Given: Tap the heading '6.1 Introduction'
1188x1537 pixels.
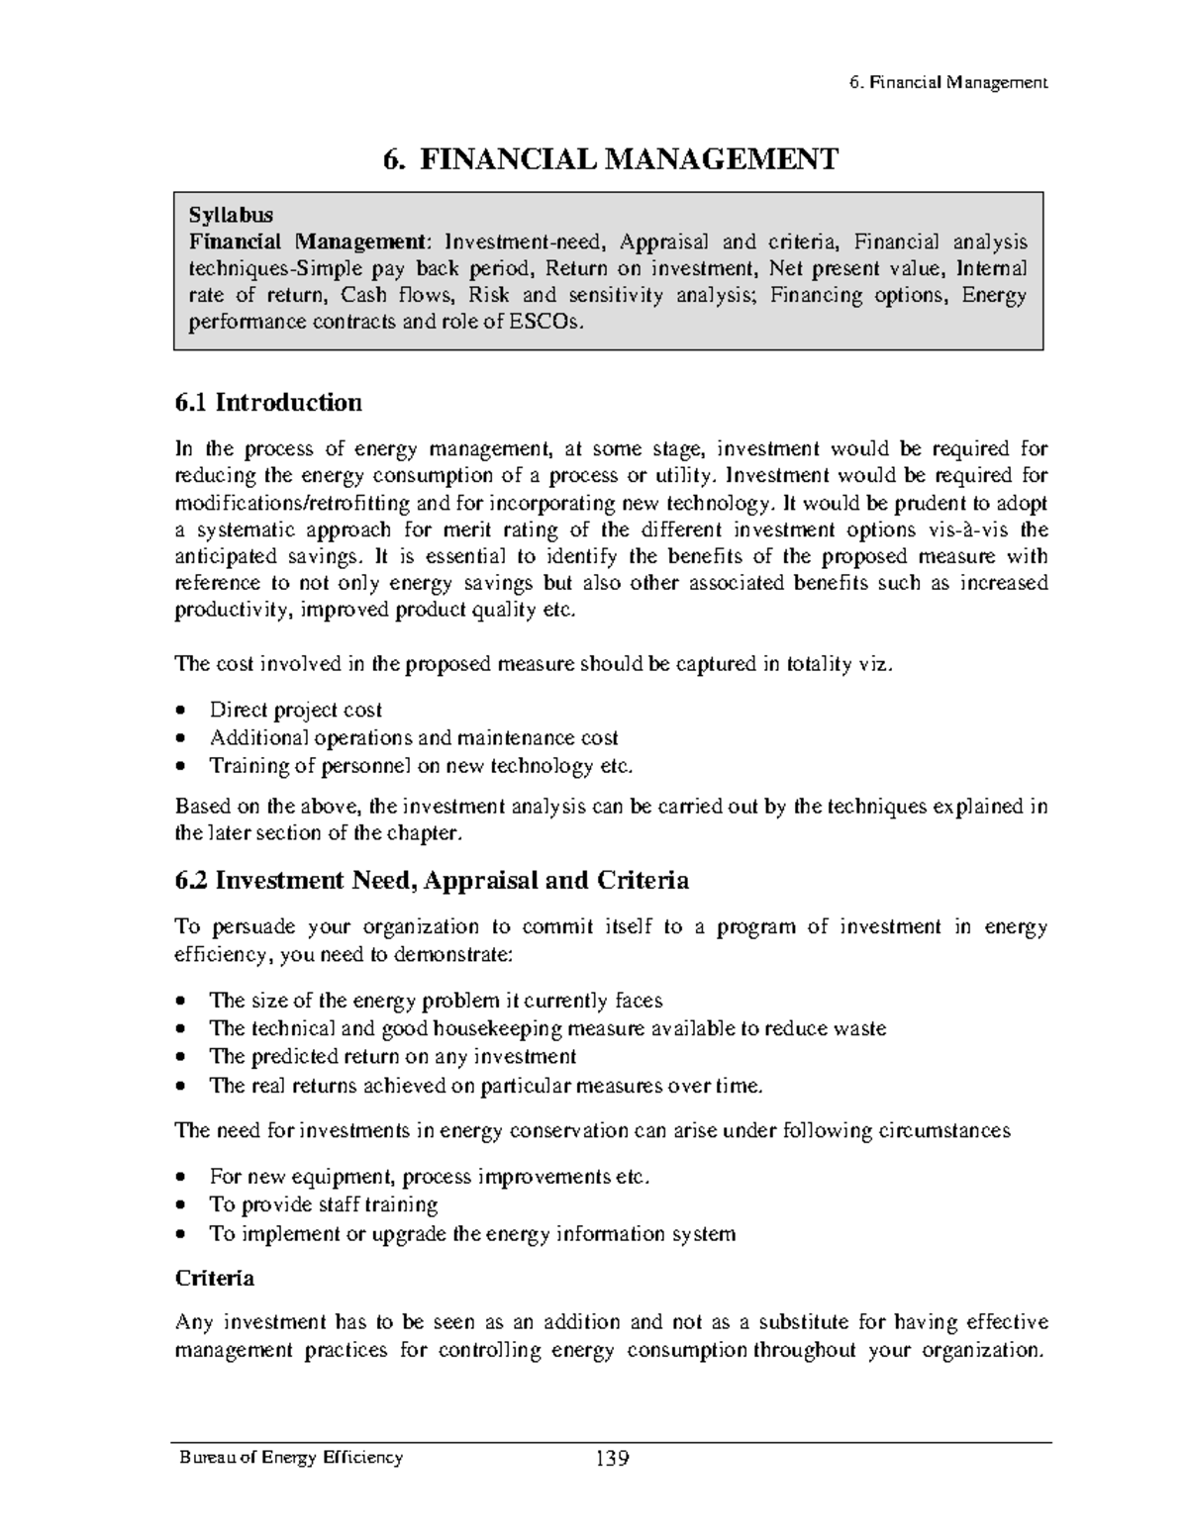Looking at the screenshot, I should [x=268, y=403].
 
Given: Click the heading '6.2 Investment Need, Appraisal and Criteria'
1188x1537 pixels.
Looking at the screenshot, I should [x=432, y=880].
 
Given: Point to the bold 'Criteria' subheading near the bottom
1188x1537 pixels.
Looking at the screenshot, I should [x=215, y=1278].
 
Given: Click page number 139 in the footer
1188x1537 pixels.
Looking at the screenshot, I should [x=612, y=1459].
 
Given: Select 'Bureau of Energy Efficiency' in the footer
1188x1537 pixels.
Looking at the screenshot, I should [x=290, y=1458].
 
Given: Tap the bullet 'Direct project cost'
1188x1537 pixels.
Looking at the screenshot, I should [x=295, y=710].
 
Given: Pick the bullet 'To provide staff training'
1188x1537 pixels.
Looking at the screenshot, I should [x=323, y=1204].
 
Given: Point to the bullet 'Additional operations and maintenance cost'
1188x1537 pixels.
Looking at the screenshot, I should [x=414, y=737].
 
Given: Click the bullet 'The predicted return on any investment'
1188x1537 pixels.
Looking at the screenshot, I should [x=393, y=1056].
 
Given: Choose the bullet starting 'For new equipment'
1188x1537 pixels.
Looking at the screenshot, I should [x=430, y=1177].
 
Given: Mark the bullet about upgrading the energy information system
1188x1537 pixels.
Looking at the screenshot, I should [x=472, y=1233].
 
